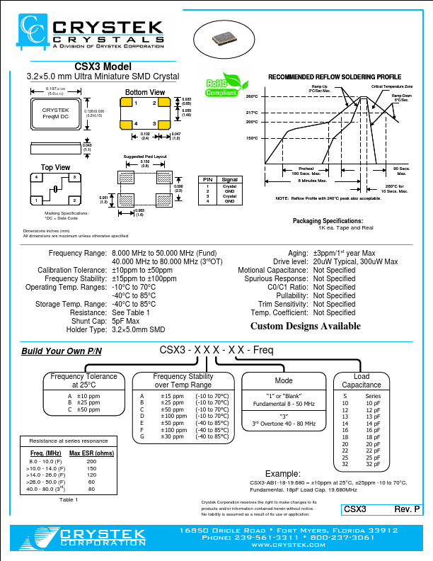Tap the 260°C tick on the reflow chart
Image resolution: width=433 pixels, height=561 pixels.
(x=253, y=96)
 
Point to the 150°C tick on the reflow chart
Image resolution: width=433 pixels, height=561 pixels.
(x=253, y=138)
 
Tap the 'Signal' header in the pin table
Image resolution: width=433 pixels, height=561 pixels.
(x=230, y=180)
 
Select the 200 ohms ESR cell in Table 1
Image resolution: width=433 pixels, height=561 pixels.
(x=91, y=461)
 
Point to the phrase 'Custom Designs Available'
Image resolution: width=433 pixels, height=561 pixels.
(x=306, y=327)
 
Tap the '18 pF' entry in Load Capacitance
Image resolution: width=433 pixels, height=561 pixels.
(x=373, y=438)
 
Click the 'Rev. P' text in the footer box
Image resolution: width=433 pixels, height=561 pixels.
(x=407, y=509)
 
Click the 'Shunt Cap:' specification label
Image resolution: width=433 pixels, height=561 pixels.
(x=88, y=321)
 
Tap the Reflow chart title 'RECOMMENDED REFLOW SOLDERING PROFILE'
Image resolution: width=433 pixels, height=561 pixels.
(x=334, y=76)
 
